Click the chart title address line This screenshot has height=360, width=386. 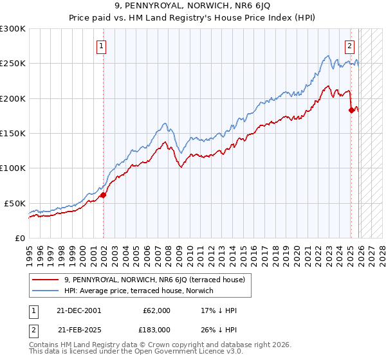coord(193,7)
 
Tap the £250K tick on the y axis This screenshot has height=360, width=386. coord(13,64)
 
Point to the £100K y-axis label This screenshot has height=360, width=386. coord(13,168)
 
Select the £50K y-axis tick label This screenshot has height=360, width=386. coord(15,203)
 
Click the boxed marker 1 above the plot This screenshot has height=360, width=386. coord(102,46)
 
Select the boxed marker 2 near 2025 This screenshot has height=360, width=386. coord(349,46)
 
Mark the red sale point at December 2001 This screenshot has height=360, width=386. coord(103,195)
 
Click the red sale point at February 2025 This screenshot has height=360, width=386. coord(351,110)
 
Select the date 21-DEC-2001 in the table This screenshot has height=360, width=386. coord(79,310)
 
